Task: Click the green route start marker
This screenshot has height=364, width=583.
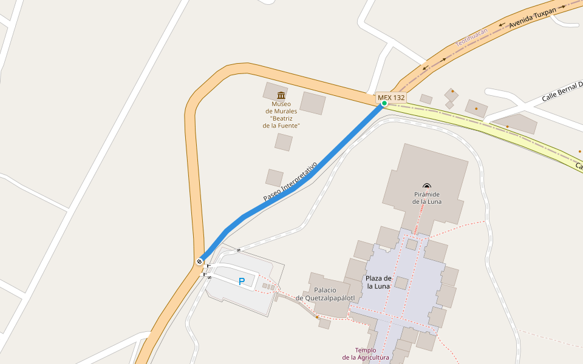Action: tap(384, 103)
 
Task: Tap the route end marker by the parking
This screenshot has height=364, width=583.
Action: tap(199, 261)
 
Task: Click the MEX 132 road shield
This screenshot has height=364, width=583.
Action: tap(391, 97)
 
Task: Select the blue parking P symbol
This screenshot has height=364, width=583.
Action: tap(241, 281)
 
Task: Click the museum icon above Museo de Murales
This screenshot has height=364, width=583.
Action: tap(281, 95)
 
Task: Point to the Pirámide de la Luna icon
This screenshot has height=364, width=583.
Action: tap(427, 187)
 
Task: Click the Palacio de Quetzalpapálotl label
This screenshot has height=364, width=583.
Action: tap(325, 294)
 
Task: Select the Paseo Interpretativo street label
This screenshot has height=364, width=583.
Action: tap(290, 182)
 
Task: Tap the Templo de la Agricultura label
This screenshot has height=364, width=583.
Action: tap(366, 354)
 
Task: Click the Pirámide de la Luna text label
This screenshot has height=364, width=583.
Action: tap(427, 198)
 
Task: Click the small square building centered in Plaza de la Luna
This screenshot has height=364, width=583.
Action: tap(401, 283)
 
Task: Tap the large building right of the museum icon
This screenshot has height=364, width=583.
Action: tap(313, 103)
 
